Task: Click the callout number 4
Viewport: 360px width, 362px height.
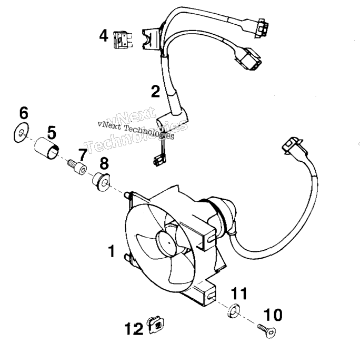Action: click(x=104, y=36)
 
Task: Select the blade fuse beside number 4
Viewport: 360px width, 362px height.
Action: click(x=123, y=40)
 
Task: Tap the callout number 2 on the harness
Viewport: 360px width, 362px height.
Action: click(x=155, y=91)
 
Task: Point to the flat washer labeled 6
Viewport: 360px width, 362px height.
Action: click(x=21, y=133)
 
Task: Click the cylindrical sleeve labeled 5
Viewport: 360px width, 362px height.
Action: click(x=47, y=148)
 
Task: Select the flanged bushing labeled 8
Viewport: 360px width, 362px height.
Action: click(x=101, y=182)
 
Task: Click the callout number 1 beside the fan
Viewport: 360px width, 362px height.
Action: click(x=112, y=251)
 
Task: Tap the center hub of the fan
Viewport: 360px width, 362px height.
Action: click(x=168, y=242)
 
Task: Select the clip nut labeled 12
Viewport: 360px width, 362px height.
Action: click(x=156, y=325)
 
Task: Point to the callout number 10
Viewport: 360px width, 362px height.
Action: click(x=273, y=315)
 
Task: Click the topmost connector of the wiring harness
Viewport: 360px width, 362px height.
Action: click(x=261, y=28)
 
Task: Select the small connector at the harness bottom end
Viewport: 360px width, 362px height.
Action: click(x=158, y=160)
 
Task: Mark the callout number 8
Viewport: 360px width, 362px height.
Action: click(x=104, y=163)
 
